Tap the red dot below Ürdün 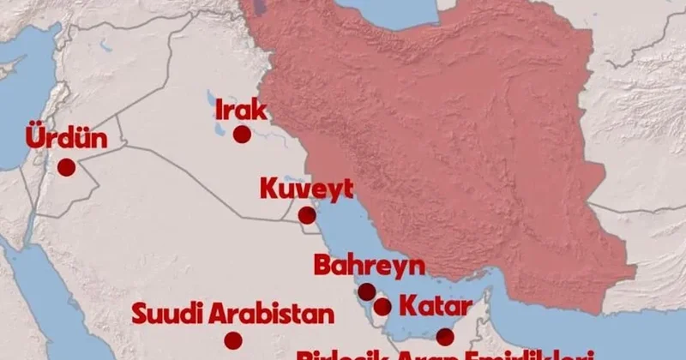pyautogui.click(x=66, y=168)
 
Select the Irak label pyautogui.click(x=241, y=109)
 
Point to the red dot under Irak pyautogui.click(x=242, y=135)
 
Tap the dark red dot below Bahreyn pyautogui.click(x=366, y=291)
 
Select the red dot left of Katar pyautogui.click(x=382, y=306)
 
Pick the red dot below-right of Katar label pyautogui.click(x=444, y=337)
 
